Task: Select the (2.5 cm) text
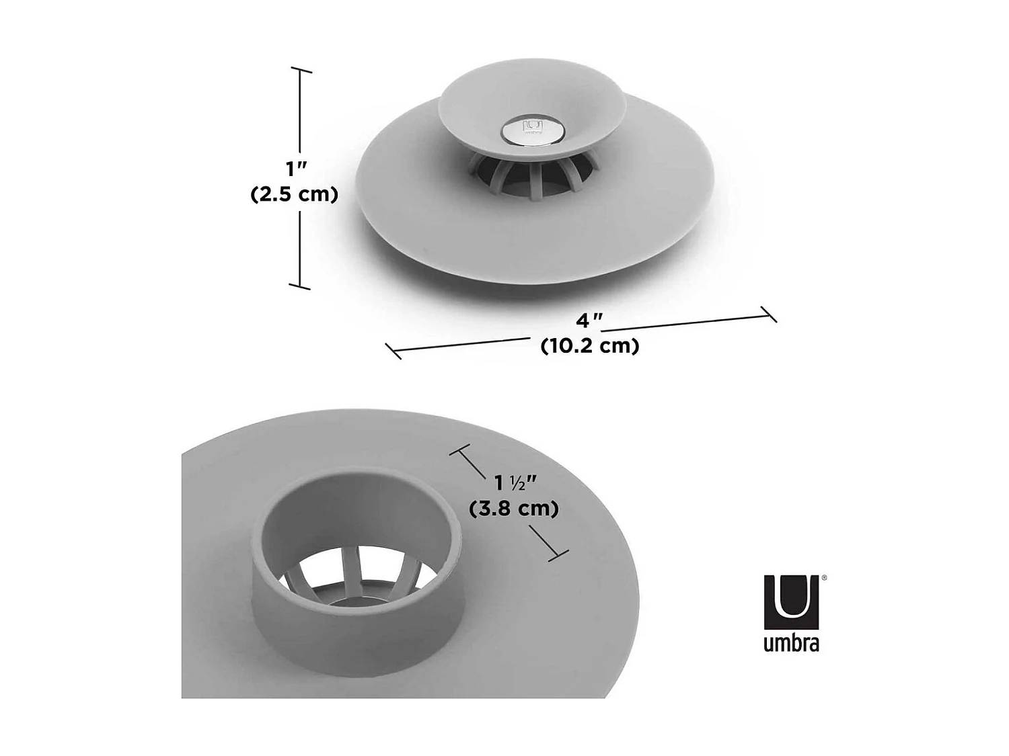point(294,194)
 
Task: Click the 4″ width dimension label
point(589,321)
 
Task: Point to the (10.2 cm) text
point(590,345)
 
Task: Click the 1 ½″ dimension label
point(515,482)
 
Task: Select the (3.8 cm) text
point(514,509)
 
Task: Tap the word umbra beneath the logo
point(791,643)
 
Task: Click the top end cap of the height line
point(301,70)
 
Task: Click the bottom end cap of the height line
point(300,287)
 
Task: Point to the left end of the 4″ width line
point(394,351)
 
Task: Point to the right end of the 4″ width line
point(769,314)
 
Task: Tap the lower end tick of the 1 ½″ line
point(558,555)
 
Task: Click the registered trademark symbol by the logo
point(824,577)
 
